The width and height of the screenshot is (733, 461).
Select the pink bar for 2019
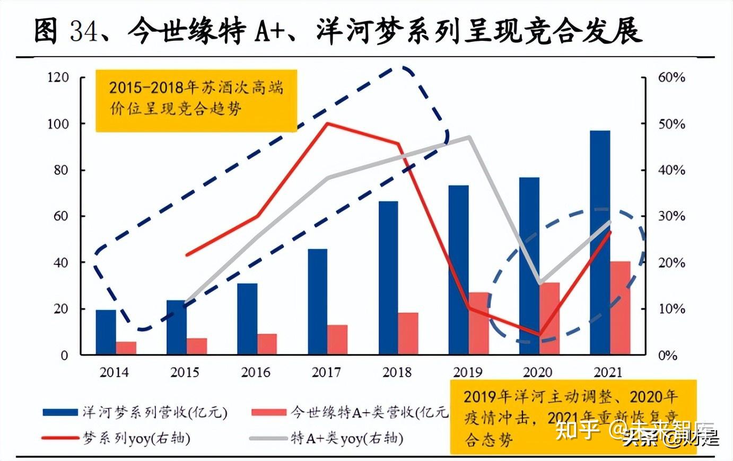pyautogui.click(x=479, y=323)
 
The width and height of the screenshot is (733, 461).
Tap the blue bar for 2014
pyautogui.click(x=106, y=332)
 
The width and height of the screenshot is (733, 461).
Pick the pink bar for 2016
pyautogui.click(x=267, y=344)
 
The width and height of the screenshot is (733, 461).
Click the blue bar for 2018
pyautogui.click(x=388, y=278)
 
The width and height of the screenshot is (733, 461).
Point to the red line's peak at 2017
pyautogui.click(x=327, y=123)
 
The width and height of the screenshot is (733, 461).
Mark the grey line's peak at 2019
pyautogui.click(x=469, y=137)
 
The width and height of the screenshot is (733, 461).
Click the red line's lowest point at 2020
pyautogui.click(x=539, y=334)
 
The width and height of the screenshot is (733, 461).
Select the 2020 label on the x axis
pyautogui.click(x=537, y=372)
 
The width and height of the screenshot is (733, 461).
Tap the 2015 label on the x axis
pyautogui.click(x=185, y=372)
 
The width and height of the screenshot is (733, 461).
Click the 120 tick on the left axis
pyautogui.click(x=58, y=77)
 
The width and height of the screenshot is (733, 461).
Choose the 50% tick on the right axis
pyautogui.click(x=671, y=124)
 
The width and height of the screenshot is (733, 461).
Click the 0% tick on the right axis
pyautogui.click(x=668, y=356)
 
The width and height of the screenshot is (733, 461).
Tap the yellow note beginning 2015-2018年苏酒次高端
pyautogui.click(x=196, y=99)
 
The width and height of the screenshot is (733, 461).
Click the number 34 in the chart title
pyautogui.click(x=84, y=31)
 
